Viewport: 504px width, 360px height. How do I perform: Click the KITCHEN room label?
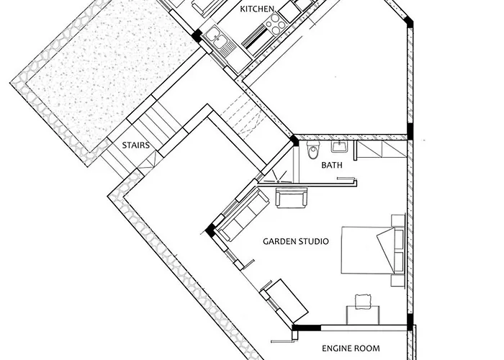pos(257,9)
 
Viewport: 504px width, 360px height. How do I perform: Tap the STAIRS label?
pos(135,145)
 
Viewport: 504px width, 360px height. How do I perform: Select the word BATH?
pos(332,165)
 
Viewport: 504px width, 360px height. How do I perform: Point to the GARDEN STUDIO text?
pos(296,241)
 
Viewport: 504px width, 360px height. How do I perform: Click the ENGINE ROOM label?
pos(351,348)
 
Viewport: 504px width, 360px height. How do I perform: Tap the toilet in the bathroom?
pos(312,150)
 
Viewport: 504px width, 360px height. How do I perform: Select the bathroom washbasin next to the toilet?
pos(339,147)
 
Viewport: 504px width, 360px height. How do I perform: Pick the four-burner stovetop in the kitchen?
pos(275,24)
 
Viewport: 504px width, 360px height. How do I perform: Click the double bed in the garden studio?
pos(373,251)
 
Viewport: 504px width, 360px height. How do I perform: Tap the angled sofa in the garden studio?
pos(243,215)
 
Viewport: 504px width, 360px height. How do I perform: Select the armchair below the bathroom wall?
pos(292,198)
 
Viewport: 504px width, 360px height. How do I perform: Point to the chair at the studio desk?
pos(363,300)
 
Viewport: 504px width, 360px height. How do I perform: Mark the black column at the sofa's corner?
pos(210,230)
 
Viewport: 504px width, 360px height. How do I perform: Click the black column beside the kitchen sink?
pos(197,35)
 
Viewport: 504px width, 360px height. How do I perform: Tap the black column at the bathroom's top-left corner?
pos(294,140)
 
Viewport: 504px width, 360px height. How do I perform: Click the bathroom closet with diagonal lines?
pos(382,149)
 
